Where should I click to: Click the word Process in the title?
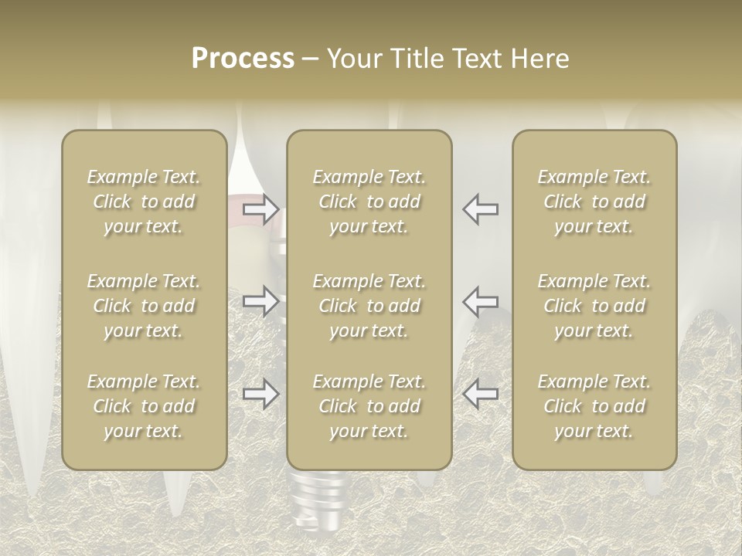pyautogui.click(x=243, y=59)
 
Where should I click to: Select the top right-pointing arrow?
pyautogui.click(x=261, y=209)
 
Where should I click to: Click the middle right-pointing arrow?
pyautogui.click(x=261, y=301)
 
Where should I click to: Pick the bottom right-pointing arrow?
pyautogui.click(x=261, y=394)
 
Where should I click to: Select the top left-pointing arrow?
pyautogui.click(x=481, y=209)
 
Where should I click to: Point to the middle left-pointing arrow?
pyautogui.click(x=481, y=301)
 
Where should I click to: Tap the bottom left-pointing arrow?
pyautogui.click(x=481, y=394)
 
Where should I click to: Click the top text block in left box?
pyautogui.click(x=144, y=202)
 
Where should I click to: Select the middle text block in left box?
pyautogui.click(x=144, y=306)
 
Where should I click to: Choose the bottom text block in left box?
pyautogui.click(x=144, y=406)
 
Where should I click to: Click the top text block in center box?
pyautogui.click(x=369, y=202)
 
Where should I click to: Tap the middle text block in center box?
pyautogui.click(x=369, y=306)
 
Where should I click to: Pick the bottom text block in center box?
pyautogui.click(x=369, y=406)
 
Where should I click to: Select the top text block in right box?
pyautogui.click(x=594, y=202)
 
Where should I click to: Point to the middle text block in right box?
pyautogui.click(x=594, y=306)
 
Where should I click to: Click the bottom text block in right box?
pyautogui.click(x=594, y=406)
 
